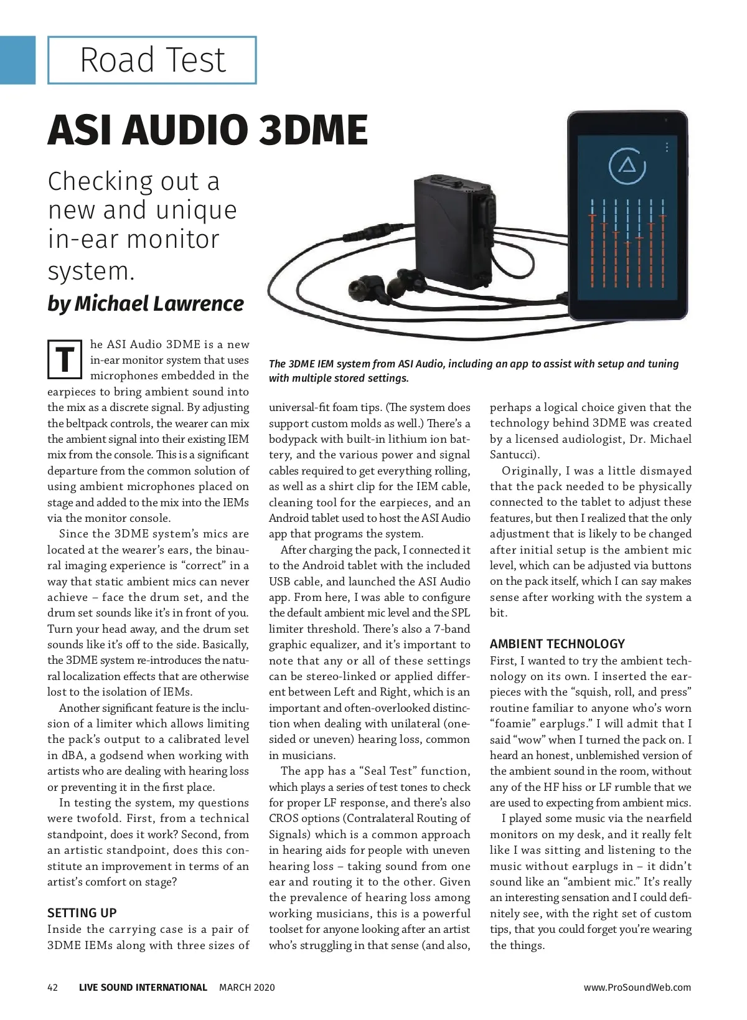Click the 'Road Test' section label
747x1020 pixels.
click(152, 60)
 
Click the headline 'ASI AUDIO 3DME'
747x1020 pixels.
click(207, 130)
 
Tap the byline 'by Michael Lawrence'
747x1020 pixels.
click(146, 303)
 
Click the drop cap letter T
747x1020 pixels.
click(65, 360)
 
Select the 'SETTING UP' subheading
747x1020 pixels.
click(82, 913)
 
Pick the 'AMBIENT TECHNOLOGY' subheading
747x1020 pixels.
click(557, 644)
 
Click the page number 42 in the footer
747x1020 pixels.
click(53, 987)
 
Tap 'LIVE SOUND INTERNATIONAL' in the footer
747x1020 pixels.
click(143, 987)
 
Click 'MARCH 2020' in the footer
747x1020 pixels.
click(247, 987)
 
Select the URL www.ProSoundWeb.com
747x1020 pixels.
click(637, 987)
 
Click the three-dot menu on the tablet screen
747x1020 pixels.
click(667, 148)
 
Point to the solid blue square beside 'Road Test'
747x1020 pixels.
click(17, 60)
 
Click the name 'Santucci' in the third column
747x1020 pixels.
click(513, 455)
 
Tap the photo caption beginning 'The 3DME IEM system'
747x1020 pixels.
click(473, 371)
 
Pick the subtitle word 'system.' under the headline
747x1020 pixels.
click(91, 271)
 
